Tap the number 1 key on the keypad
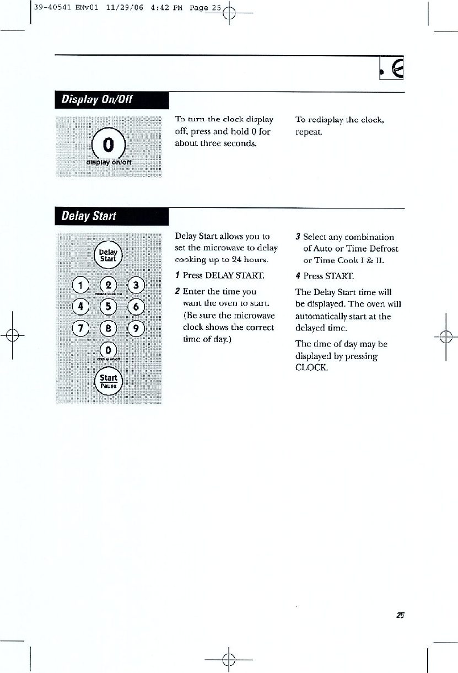[80, 286]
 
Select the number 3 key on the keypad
[136, 286]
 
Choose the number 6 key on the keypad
[136, 307]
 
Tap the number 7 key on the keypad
[80, 328]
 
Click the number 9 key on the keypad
[136, 328]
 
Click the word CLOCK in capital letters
[312, 367]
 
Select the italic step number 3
[298, 237]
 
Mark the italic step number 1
[177, 275]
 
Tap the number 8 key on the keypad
[109, 328]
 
